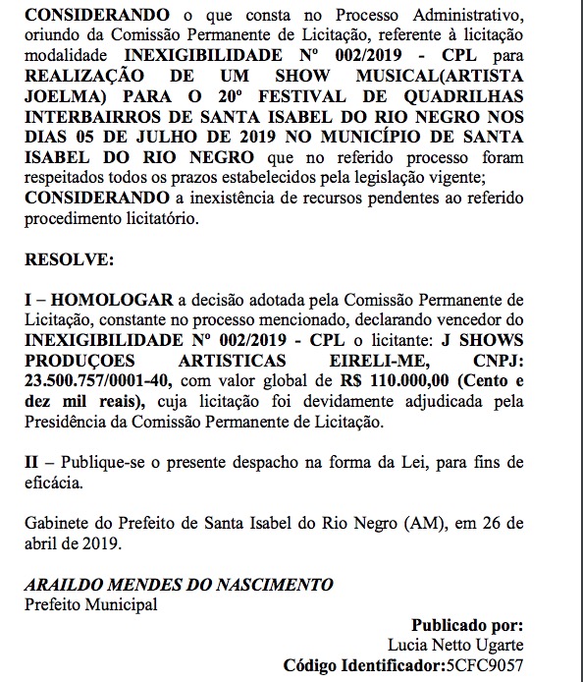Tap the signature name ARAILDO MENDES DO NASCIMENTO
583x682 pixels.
178,585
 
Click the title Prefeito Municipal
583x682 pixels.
90,603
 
